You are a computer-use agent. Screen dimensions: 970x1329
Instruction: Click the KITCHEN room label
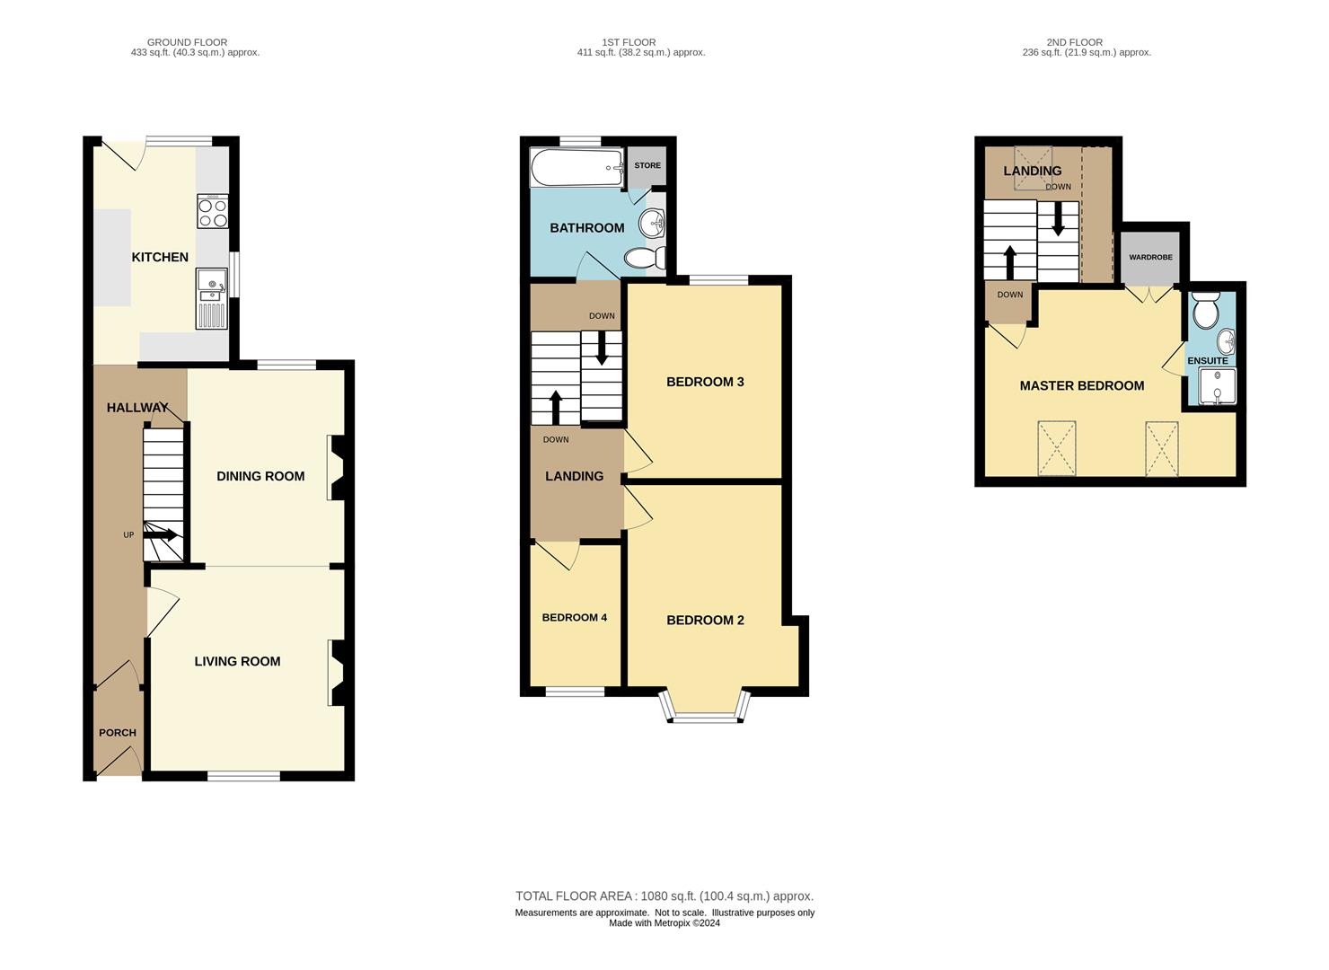(x=160, y=258)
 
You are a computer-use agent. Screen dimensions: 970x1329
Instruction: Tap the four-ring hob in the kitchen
(x=213, y=213)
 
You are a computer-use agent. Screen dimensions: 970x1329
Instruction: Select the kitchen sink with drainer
(x=212, y=301)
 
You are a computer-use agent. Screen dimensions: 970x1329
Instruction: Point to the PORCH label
(x=118, y=733)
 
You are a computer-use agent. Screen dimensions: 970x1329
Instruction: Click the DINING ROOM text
(x=260, y=477)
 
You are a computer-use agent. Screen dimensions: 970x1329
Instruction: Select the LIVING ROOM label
(x=237, y=662)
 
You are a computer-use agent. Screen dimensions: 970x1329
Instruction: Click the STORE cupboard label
(x=647, y=165)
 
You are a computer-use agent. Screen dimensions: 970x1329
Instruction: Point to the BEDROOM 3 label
(x=705, y=383)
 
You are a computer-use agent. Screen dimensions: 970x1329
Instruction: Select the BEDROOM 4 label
(x=574, y=618)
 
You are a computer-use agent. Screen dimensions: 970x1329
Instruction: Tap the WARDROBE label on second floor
(x=1150, y=258)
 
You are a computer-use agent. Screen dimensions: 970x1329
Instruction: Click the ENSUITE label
(x=1207, y=361)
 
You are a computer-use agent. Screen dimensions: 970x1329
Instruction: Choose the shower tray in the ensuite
(x=1217, y=386)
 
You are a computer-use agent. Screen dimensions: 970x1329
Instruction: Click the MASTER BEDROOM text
(x=1081, y=386)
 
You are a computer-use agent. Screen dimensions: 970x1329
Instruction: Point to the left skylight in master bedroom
(x=1056, y=448)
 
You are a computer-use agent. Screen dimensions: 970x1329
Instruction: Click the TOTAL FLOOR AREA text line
(x=664, y=896)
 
